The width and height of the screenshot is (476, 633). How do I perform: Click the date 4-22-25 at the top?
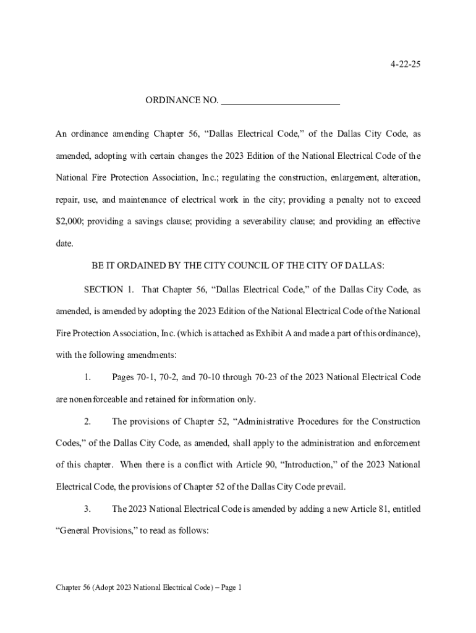(x=405, y=64)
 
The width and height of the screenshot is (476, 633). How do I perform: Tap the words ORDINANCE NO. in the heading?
(x=182, y=100)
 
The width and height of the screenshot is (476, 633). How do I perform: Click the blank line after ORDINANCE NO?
(x=280, y=101)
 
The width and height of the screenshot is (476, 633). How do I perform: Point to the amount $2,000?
(x=69, y=221)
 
